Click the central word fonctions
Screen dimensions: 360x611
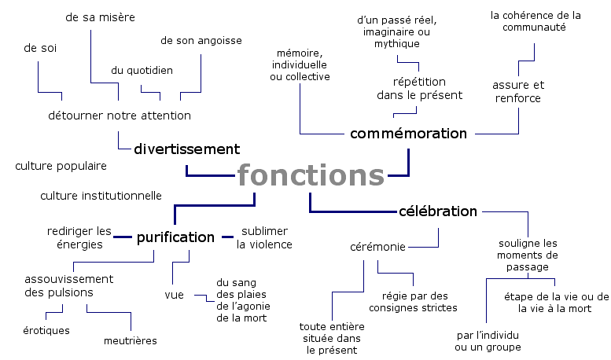pos(311,175)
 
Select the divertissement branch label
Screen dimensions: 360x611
pos(186,149)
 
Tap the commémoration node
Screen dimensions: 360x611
pos(408,133)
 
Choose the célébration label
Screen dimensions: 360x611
pos(438,211)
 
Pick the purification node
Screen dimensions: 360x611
pos(175,237)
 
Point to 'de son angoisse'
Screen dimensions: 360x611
pos(201,40)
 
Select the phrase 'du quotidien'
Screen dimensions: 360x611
pos(142,70)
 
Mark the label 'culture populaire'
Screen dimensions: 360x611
pos(61,166)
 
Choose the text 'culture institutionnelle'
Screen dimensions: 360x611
pos(101,195)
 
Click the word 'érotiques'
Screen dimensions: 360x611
pos(46,330)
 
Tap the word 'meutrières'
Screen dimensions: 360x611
pos(130,340)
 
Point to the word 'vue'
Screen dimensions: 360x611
pos(174,295)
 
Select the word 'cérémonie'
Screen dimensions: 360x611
pos(377,247)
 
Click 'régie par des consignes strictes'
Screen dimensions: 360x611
pos(414,302)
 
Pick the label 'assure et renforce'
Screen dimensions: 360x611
pos(518,91)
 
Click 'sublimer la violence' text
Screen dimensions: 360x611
pos(264,237)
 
